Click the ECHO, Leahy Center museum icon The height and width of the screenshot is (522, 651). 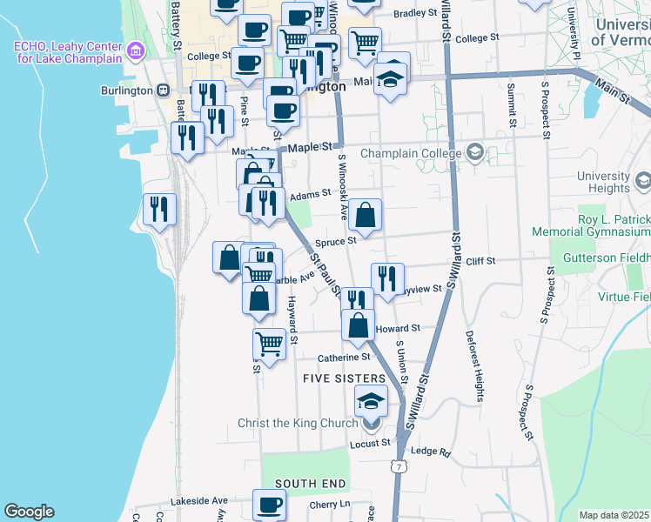coord(135,51)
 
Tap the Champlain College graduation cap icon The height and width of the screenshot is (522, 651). coord(474,154)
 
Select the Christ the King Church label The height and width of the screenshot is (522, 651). coord(298,424)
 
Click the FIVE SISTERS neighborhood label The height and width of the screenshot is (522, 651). coord(344,378)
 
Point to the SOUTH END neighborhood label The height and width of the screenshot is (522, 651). coord(312,483)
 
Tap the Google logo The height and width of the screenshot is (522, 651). coord(29,512)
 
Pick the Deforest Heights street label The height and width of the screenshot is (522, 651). coord(479,366)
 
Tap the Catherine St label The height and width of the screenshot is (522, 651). coord(344,358)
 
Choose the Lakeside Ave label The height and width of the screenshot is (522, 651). coord(199,501)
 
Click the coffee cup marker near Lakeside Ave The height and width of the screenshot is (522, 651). coord(269,504)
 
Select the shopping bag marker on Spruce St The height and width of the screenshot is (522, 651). coord(366,214)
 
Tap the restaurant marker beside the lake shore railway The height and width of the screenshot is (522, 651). coord(159,209)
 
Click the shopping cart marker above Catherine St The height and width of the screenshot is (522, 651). coord(270,344)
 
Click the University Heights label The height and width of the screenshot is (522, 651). coord(608,182)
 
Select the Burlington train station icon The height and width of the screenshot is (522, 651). coord(163,90)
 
